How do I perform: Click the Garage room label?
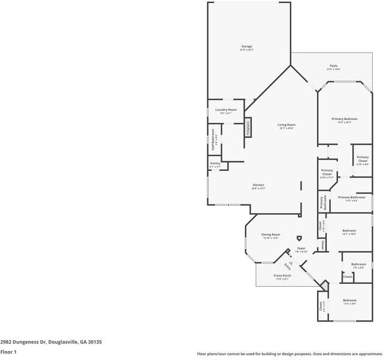click(246, 46)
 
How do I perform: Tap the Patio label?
click(333, 66)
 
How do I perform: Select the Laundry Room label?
click(225, 110)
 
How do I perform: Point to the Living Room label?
click(287, 125)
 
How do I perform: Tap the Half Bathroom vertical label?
click(213, 142)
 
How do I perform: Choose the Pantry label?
click(215, 163)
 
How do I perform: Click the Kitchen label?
click(258, 185)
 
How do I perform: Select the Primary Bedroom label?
click(345, 119)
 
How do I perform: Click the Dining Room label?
click(271, 235)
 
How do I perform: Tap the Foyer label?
click(301, 248)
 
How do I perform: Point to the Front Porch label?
click(282, 275)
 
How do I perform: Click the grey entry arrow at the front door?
click(290, 263)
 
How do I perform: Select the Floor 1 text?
click(8, 352)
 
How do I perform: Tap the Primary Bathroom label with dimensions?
click(351, 197)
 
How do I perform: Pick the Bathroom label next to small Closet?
click(358, 264)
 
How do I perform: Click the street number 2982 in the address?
click(7, 341)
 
